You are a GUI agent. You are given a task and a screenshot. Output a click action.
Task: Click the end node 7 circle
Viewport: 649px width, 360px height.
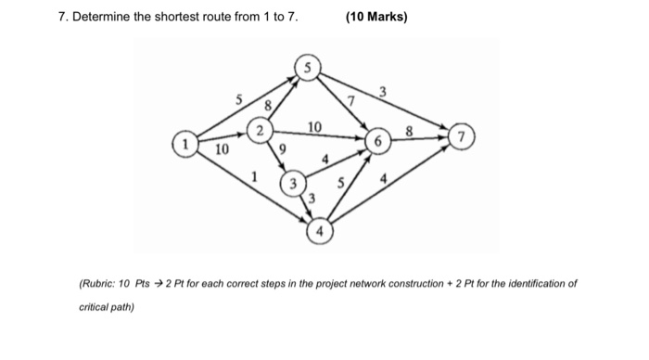461,137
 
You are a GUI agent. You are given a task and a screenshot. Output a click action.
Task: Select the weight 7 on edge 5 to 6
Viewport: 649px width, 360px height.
350,99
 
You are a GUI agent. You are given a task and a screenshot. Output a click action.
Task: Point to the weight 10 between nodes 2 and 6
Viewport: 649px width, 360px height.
314,125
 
